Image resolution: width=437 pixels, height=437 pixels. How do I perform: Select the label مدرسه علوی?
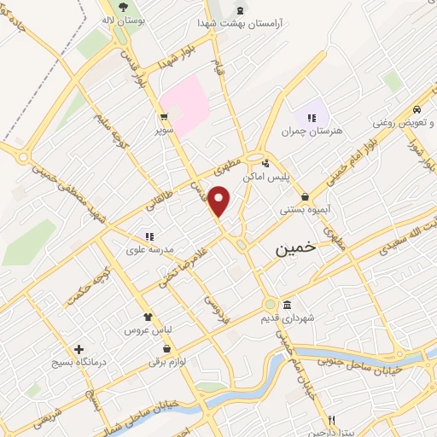[x=150, y=249]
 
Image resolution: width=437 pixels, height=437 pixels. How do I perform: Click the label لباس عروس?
[x=149, y=329]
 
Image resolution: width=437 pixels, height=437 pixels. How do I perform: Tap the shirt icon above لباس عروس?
[x=148, y=316]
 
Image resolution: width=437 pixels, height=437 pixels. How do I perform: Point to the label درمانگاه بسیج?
[x=79, y=363]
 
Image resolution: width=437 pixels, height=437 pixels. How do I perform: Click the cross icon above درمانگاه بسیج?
[x=79, y=349]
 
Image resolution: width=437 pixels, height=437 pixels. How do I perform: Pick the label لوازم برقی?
[x=166, y=363]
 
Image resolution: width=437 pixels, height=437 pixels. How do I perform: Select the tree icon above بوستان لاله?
[x=123, y=5]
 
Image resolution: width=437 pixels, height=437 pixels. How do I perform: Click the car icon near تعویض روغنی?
[x=415, y=110]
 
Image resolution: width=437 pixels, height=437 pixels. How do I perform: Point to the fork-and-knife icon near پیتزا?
[x=331, y=419]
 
